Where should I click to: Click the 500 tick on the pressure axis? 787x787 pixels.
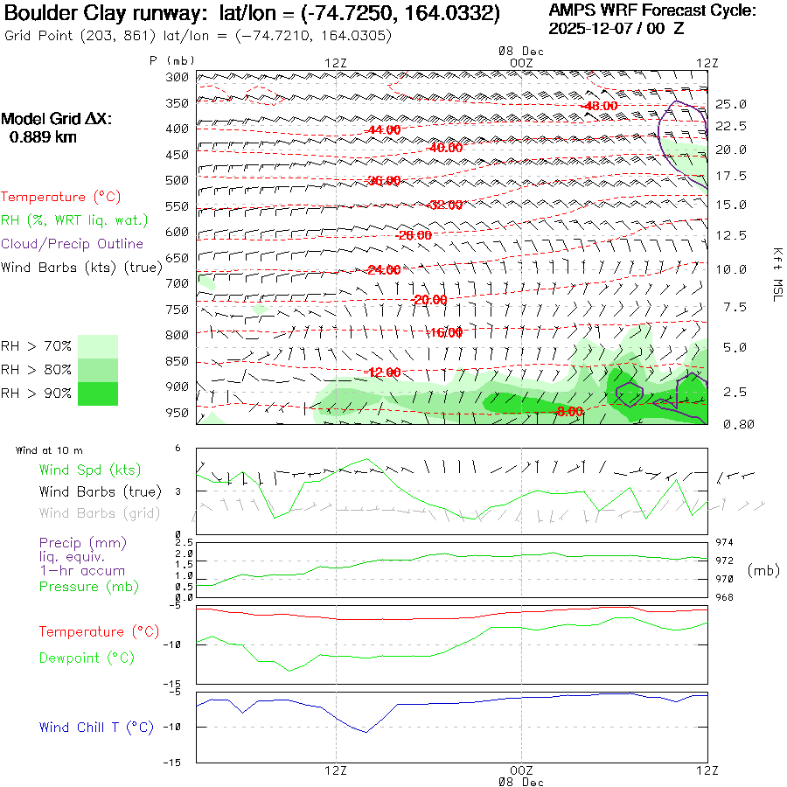tap(178, 180)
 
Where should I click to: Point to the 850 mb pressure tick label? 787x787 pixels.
tap(178, 361)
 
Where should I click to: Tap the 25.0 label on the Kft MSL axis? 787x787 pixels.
tap(730, 104)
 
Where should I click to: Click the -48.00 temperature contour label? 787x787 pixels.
tap(600, 106)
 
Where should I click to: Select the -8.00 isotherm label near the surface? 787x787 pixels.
tap(569, 412)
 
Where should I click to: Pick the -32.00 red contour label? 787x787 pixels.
tap(445, 205)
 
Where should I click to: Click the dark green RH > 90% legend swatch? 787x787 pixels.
tap(98, 393)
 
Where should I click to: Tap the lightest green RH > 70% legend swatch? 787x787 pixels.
tap(98, 345)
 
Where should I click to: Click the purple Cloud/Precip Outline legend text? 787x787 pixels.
tap(73, 244)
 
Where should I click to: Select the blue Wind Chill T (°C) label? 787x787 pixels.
tap(96, 727)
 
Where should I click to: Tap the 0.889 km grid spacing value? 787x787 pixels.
tap(43, 136)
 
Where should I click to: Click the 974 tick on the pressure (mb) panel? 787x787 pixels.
tap(725, 542)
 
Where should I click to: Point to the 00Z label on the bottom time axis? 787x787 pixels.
tap(521, 770)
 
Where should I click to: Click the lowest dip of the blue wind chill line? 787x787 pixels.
tap(366, 732)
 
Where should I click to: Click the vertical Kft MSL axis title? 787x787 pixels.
tap(775, 274)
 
